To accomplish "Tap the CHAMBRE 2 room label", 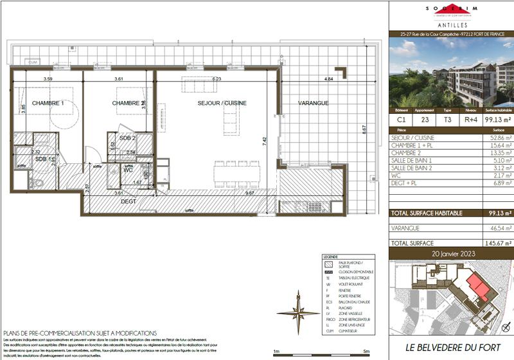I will pos(127,104).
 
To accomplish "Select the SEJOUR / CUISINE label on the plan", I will pos(222,103).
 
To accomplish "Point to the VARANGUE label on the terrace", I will pos(313,104).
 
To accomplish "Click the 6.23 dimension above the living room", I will pos(217,79).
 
